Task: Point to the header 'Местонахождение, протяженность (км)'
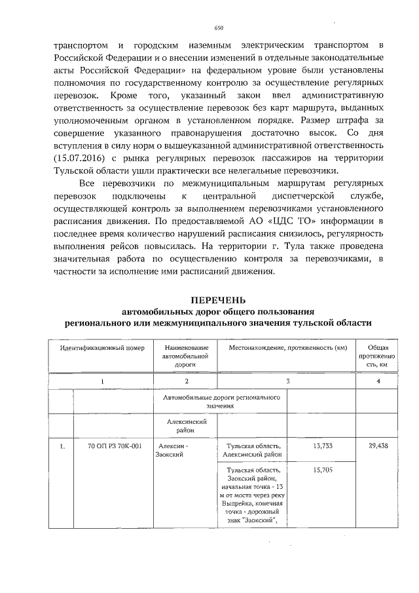(x=287, y=347)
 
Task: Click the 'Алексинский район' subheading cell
(x=186, y=427)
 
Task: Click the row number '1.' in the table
(x=62, y=446)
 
